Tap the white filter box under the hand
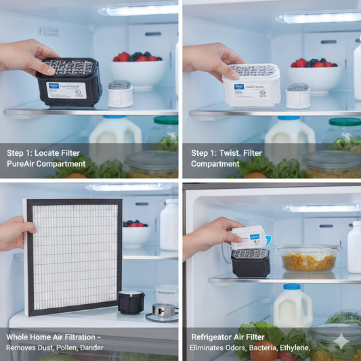coord(251,86)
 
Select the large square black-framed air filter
coord(73,257)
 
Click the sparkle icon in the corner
coord(342,341)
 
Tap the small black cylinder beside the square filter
coord(131,301)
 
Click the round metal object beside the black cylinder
coord(161,311)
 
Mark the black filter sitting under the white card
coord(250,261)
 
